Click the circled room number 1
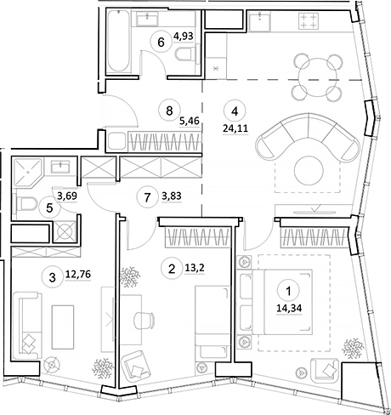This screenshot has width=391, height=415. [293, 290]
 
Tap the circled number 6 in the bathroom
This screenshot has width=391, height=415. [159, 40]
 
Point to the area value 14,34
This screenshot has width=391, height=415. [294, 310]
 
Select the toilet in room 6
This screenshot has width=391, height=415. [184, 56]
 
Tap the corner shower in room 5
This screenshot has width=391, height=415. [26, 173]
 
